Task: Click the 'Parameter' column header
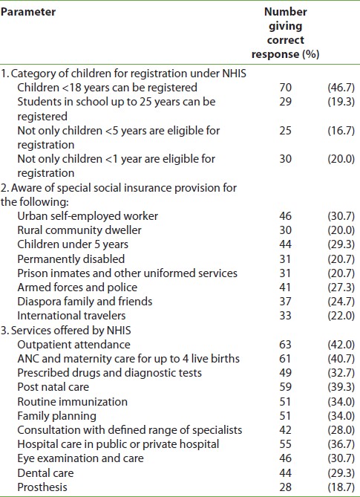[x=28, y=12]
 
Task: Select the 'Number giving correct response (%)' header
[x=285, y=33]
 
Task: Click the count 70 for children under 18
[x=285, y=88]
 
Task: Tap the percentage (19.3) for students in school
[x=341, y=102]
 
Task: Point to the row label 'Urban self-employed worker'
[x=88, y=216]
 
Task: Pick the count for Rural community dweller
[x=285, y=230]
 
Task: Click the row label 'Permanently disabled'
[x=71, y=259]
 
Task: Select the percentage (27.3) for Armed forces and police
[x=341, y=288]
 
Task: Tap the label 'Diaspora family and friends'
[x=85, y=302]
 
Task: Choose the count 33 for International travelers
[x=285, y=316]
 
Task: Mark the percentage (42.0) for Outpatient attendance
[x=341, y=345]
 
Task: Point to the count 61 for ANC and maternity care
[x=285, y=359]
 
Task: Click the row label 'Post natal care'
[x=53, y=387]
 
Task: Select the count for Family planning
[x=285, y=416]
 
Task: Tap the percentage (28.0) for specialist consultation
[x=341, y=430]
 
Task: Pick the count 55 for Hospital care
[x=285, y=444]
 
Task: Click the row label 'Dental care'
[x=45, y=473]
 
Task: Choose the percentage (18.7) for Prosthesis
[x=341, y=487]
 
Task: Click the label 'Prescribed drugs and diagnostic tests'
[x=110, y=373]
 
